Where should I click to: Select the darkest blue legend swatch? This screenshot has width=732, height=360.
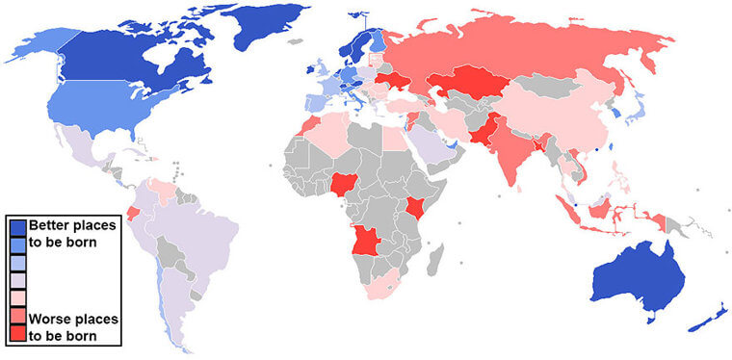click(17, 227)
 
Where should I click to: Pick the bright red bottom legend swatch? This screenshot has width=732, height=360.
click(17, 333)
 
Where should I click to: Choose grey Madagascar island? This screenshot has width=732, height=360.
click(436, 257)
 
